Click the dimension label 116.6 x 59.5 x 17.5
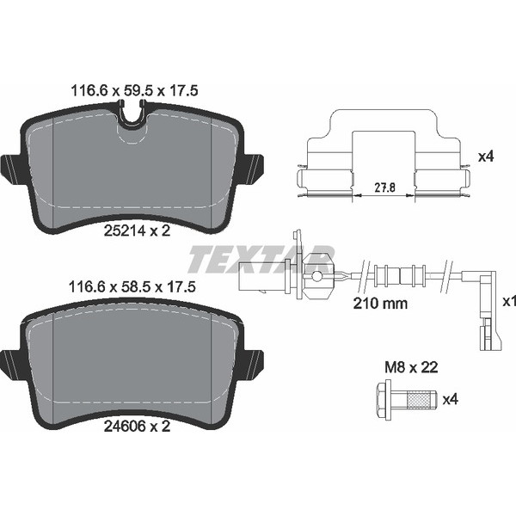click(x=135, y=90)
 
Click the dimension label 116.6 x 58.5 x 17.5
click(x=132, y=287)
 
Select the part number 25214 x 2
click(x=137, y=230)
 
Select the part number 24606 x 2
click(x=137, y=427)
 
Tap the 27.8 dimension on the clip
click(x=384, y=187)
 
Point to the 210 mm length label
click(x=380, y=303)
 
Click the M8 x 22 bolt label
click(x=411, y=367)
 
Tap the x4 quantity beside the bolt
click(x=450, y=400)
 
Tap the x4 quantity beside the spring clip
click(x=486, y=157)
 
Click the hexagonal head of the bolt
click(x=383, y=400)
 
